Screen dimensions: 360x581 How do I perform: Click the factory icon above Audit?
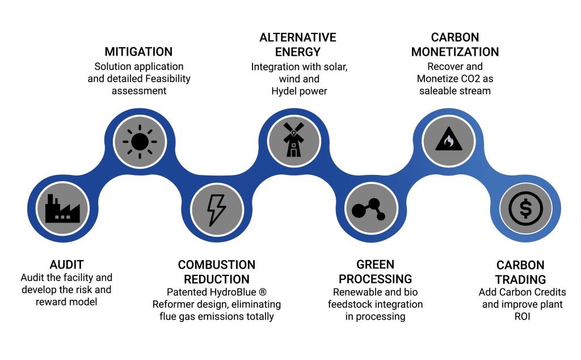point(62,208)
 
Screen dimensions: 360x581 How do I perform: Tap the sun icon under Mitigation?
point(139,140)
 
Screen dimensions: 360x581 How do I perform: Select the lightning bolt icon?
point(217,208)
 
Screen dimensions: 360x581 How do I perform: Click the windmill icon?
point(294,140)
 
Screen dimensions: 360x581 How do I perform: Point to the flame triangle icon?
point(448,140)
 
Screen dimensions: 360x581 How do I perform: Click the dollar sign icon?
point(525,208)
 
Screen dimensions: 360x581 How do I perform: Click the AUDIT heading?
point(66,265)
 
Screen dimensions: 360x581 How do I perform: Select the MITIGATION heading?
point(138,52)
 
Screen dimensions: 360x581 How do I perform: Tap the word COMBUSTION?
point(217,265)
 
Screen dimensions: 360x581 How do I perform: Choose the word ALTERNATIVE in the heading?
point(298,37)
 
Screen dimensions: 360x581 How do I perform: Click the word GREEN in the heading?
point(376,265)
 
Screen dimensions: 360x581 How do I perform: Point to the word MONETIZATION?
point(455,52)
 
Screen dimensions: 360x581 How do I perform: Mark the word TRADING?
point(520,279)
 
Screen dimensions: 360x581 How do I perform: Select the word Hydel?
point(292,91)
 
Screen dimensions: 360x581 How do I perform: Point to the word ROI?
point(520,316)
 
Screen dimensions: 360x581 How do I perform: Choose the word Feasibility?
point(162,78)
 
